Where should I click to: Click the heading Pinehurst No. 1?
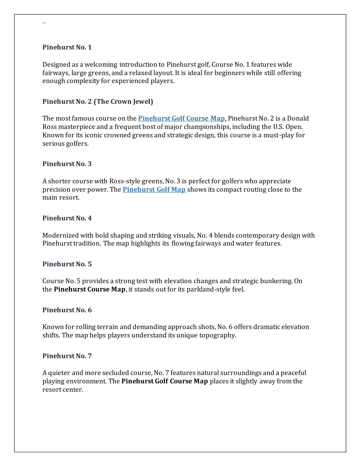point(67,47)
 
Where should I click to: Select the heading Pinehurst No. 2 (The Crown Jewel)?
point(98,102)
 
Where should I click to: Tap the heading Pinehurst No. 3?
point(67,164)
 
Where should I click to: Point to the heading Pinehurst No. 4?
point(67,218)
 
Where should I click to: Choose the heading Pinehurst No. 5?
point(67,264)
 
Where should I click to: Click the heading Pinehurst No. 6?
point(67,310)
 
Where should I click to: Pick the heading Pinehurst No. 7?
point(67,356)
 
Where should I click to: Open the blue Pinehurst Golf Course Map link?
point(181,119)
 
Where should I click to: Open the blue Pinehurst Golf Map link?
point(154,190)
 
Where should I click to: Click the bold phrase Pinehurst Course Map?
point(89,289)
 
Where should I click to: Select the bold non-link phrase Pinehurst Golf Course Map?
point(165,381)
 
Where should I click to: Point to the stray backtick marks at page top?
point(44,24)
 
